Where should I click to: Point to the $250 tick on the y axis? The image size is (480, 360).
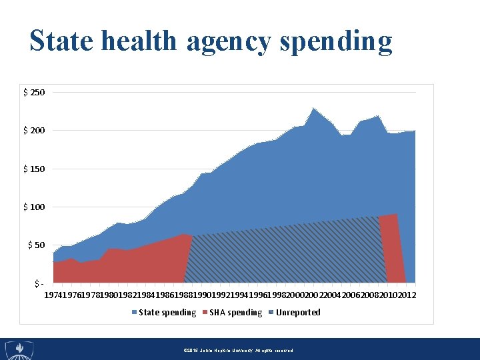pyautogui.click(x=34, y=92)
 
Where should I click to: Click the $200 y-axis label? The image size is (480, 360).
pyautogui.click(x=34, y=130)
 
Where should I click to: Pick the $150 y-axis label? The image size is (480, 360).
pyautogui.click(x=34, y=169)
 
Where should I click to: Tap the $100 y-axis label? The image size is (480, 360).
pyautogui.click(x=34, y=207)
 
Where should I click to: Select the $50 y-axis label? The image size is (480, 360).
pyautogui.click(x=36, y=245)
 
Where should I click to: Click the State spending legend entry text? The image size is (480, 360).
pyautogui.click(x=167, y=313)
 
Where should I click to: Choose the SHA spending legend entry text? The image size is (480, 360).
pyautogui.click(x=235, y=313)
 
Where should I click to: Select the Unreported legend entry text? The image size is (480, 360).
pyautogui.click(x=298, y=313)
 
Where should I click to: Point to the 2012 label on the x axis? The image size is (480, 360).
pyautogui.click(x=406, y=295)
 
